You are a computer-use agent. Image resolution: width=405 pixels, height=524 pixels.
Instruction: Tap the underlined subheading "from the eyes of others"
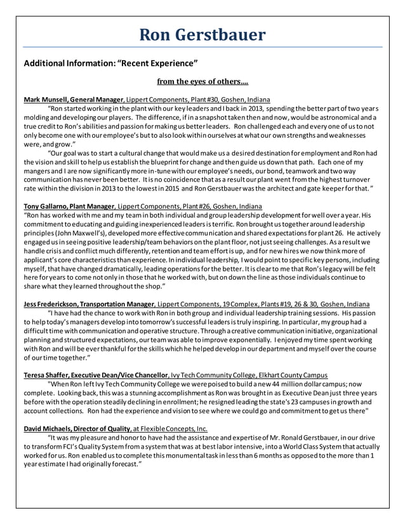202,81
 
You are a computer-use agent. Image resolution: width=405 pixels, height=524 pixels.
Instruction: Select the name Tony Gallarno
45,206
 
